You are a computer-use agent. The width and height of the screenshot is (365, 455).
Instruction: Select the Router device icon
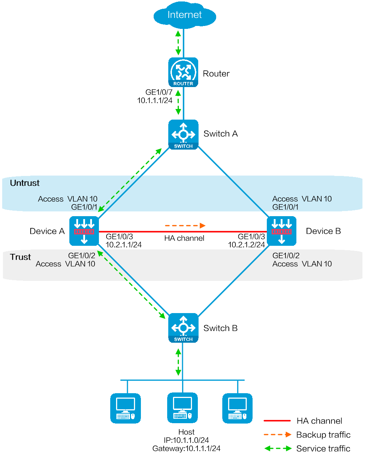pos(183,72)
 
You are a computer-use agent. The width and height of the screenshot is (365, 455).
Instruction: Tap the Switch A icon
pos(183,135)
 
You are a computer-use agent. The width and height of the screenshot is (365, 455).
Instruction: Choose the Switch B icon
pos(183,328)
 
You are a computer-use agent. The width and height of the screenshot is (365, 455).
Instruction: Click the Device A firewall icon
pos(84,231)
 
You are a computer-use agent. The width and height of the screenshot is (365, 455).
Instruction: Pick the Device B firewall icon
pos(281,231)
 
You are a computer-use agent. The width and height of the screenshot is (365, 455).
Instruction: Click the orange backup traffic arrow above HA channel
pos(185,226)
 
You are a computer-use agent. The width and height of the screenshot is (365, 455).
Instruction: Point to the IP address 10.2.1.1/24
pos(123,245)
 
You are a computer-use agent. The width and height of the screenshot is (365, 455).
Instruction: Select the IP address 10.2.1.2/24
pos(246,245)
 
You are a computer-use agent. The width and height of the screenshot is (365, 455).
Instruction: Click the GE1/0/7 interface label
pos(159,92)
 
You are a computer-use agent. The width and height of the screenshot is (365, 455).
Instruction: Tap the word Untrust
pos(25,183)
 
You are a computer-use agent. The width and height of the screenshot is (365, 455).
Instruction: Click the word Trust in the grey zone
pos(20,257)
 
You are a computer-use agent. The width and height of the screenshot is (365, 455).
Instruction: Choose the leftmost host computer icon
pos(125,408)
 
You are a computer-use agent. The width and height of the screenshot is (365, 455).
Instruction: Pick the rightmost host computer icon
pos(237,408)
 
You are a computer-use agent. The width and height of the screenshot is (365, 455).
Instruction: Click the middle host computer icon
pos(182,408)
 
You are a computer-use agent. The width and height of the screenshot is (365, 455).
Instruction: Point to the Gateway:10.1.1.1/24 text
pos(186,448)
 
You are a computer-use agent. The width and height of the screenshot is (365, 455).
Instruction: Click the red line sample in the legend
pos(277,421)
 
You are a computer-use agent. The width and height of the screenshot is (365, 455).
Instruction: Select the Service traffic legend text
pos(323,448)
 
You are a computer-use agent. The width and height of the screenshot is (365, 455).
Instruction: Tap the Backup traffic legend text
pos(323,435)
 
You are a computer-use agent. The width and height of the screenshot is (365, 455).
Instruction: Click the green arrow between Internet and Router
pos(178,43)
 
